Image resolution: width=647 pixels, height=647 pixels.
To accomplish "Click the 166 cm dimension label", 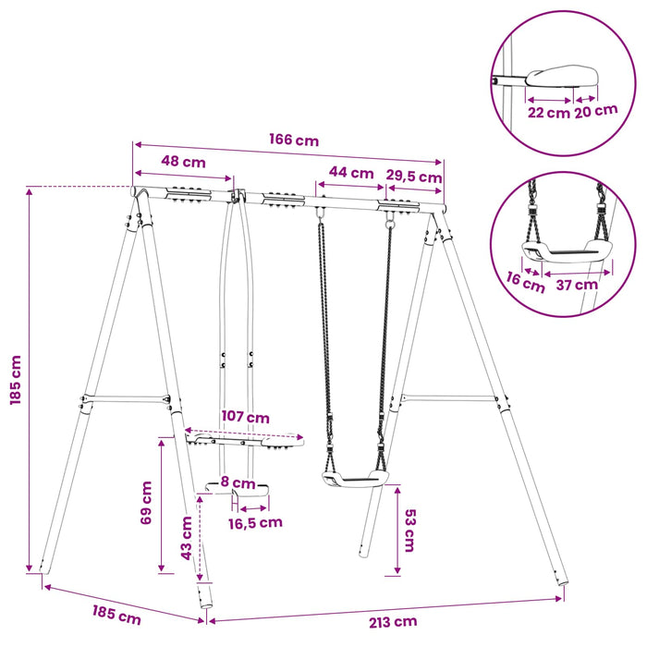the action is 294,140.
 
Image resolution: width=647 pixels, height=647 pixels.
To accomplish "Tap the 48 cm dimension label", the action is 183,162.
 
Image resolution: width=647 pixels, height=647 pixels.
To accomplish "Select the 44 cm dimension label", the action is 351,173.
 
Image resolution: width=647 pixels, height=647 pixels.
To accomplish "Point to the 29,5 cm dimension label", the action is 414,177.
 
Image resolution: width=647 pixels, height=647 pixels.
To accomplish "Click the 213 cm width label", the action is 393,621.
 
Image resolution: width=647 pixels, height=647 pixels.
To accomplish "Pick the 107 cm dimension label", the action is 246,417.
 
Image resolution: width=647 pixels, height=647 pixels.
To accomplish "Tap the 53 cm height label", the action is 410,531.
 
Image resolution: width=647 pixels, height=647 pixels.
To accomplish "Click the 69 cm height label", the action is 146,503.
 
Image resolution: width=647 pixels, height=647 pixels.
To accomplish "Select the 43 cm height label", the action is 187,538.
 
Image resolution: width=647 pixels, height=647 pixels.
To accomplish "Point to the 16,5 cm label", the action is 255,523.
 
